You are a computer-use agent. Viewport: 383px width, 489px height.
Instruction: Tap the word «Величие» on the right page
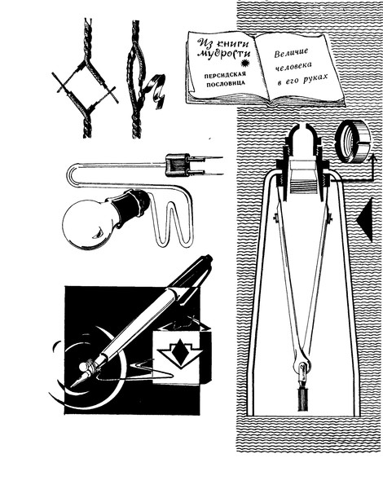tap(291, 52)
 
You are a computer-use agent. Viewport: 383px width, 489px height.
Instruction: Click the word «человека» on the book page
tap(293, 67)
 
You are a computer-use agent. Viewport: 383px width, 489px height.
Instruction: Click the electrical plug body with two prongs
tap(178, 165)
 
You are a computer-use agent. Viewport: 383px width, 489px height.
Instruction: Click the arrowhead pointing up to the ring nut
tap(371, 157)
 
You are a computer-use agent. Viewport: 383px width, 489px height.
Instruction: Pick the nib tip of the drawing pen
tap(72, 385)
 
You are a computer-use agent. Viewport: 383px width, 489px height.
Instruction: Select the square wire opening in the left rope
tap(85, 84)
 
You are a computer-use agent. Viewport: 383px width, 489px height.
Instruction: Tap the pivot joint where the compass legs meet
tap(302, 365)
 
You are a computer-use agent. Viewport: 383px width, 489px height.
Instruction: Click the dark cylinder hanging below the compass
tap(302, 399)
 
